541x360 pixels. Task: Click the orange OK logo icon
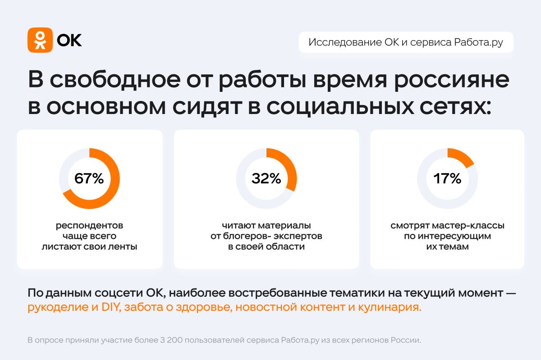[40, 40]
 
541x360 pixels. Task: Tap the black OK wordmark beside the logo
[69, 40]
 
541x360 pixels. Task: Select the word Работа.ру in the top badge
[478, 42]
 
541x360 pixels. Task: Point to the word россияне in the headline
[452, 79]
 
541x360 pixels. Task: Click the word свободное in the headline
[115, 79]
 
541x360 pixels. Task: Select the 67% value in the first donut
[89, 178]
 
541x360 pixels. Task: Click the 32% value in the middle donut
[266, 178]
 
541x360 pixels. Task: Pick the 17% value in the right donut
[447, 178]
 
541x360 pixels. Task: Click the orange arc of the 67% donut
[114, 179]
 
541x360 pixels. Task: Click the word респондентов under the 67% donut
[89, 226]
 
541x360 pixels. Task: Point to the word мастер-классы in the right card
[468, 226]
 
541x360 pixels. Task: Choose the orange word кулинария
[390, 307]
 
